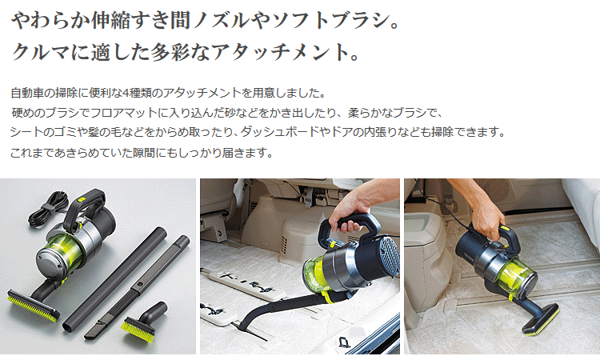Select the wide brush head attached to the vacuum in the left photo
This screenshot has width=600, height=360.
point(33,302)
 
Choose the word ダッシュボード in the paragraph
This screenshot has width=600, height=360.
point(287,132)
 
